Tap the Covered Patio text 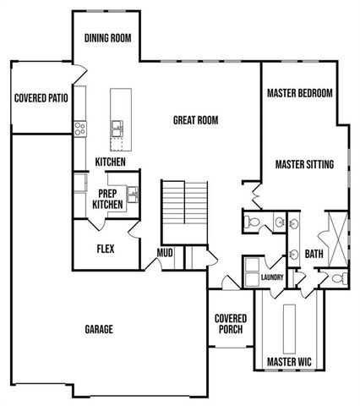pos(41,98)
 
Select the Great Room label pos(195,121)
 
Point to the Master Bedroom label pos(299,92)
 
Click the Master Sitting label pos(304,164)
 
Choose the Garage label pos(99,329)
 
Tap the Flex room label pos(106,250)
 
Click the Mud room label pos(166,252)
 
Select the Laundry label pos(272,277)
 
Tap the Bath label pos(314,253)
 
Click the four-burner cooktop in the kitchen pos(81,129)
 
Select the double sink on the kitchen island pos(117,129)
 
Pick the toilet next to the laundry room pos(252,222)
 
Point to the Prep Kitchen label pos(107,198)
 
